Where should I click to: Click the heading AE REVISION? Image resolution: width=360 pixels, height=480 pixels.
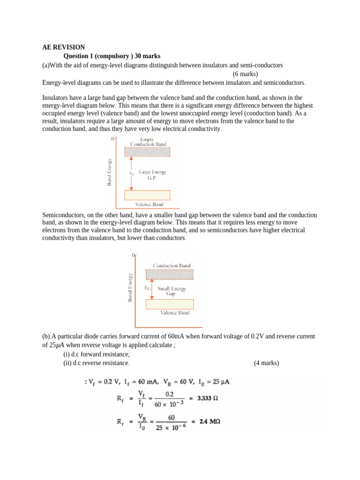pos(63,47)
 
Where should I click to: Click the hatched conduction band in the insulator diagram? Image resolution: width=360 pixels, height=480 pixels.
pos(147,152)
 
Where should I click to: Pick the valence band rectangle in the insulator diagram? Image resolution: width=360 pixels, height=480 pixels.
pos(147,195)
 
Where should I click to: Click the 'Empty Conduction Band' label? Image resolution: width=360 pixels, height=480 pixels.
pos(148,142)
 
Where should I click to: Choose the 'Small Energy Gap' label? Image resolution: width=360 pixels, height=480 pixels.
pos(172,291)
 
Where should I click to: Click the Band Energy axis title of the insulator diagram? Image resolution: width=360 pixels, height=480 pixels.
pos(110,171)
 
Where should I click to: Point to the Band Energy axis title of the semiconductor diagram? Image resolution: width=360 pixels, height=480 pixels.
pos(130,287)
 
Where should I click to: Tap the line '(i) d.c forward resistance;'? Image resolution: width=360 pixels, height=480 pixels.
pos(96,354)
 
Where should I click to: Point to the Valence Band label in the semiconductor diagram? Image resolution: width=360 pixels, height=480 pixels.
pos(174,313)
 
